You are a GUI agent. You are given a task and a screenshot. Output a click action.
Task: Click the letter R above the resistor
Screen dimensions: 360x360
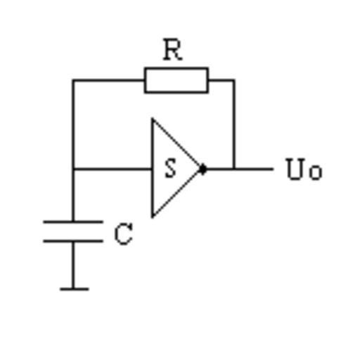tap(173, 50)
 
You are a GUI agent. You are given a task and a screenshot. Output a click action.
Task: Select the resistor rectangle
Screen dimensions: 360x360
tap(176, 80)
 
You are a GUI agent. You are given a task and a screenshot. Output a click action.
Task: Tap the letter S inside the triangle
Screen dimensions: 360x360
tap(171, 168)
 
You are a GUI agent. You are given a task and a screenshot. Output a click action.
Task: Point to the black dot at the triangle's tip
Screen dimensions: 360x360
tap(203, 169)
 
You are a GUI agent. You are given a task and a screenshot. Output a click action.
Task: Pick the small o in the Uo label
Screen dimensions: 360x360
tap(316, 173)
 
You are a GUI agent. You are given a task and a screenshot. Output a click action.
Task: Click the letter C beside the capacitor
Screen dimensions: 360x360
tap(124, 233)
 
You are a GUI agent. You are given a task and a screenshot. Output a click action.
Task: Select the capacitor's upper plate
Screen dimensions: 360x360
tap(73, 221)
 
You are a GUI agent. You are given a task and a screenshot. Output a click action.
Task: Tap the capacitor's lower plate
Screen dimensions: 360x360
tap(73, 241)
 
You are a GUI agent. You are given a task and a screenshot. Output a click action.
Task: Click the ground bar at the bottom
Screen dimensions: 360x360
tap(75, 289)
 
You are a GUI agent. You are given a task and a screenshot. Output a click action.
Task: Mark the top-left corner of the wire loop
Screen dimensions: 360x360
tap(73, 81)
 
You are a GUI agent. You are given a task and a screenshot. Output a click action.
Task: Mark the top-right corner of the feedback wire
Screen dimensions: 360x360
tap(233, 81)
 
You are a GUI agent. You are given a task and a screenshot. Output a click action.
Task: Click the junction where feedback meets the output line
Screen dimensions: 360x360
tap(233, 169)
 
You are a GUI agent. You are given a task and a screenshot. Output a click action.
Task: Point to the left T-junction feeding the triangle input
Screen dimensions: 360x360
tap(73, 169)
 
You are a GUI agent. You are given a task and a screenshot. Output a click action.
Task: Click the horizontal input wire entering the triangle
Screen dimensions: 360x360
tap(112, 169)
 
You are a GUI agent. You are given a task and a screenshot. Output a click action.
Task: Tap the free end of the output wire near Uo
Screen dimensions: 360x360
tap(273, 169)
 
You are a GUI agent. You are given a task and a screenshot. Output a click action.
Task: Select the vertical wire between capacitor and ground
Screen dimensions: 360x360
tap(73, 265)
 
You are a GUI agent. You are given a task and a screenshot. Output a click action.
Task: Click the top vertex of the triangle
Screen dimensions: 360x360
tap(153, 119)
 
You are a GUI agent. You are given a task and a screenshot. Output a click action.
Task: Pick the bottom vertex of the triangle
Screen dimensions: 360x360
tap(153, 217)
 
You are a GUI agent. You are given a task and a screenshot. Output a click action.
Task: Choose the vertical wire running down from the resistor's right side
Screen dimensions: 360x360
tap(233, 124)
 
